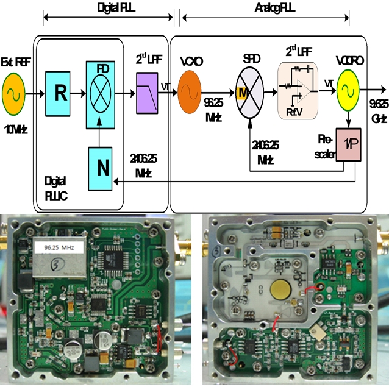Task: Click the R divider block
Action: coord(60,93)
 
